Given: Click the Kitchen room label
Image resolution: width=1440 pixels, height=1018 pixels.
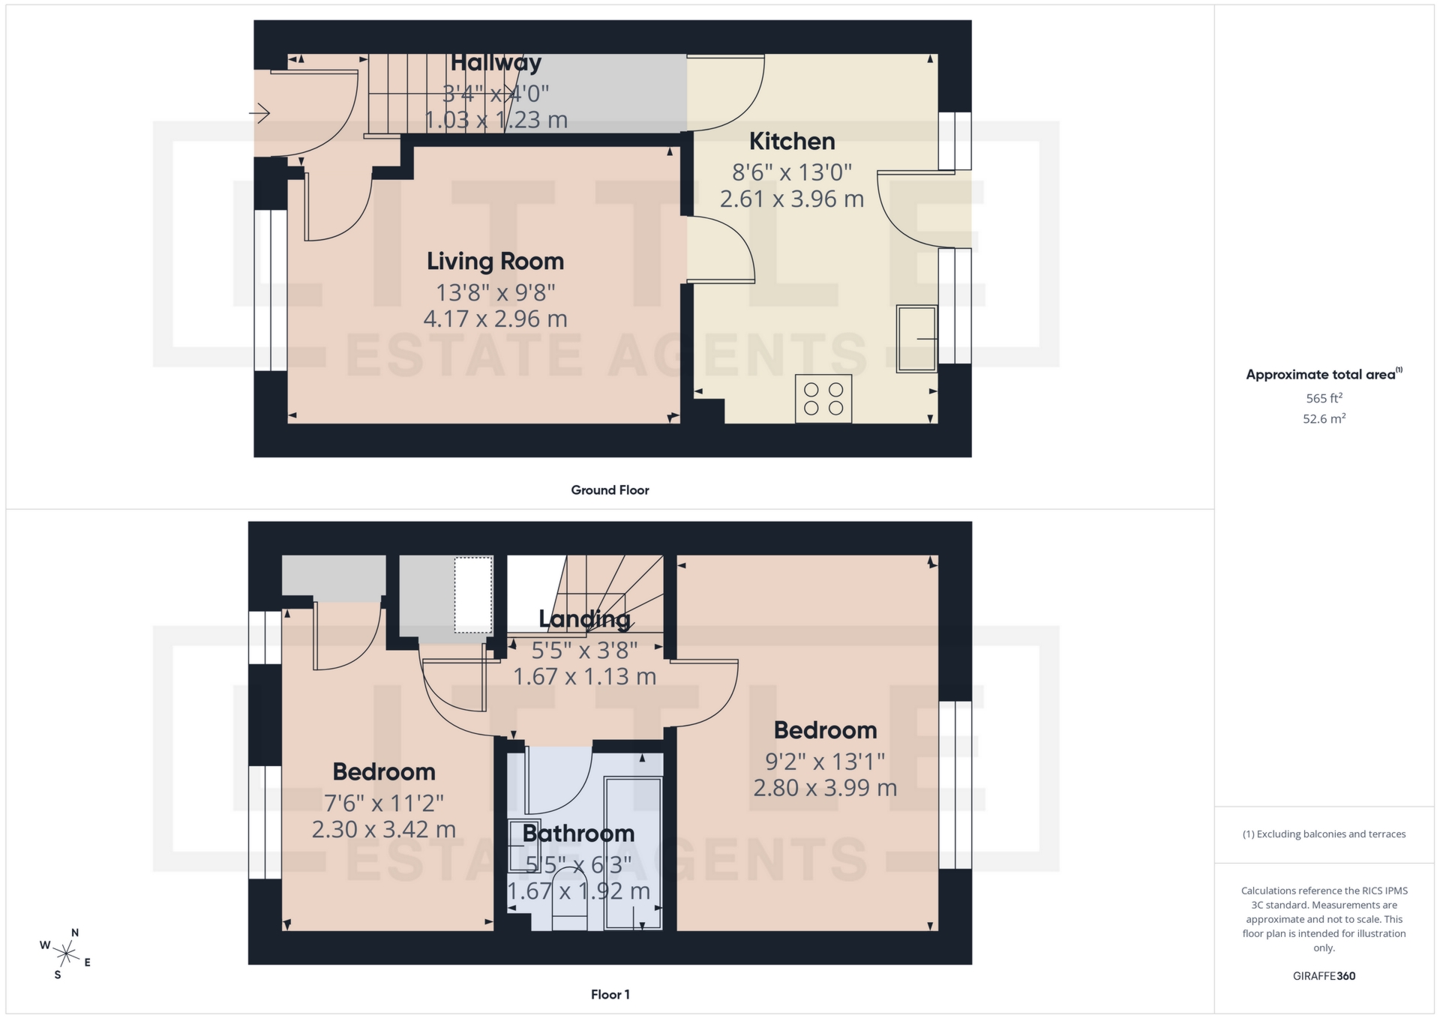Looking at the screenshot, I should [x=791, y=141].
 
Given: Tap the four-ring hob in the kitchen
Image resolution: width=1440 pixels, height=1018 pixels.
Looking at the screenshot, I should [x=823, y=399].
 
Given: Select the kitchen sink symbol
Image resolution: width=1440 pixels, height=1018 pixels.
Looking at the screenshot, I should [x=916, y=338].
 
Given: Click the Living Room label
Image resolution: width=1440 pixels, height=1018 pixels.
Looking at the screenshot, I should [x=495, y=261].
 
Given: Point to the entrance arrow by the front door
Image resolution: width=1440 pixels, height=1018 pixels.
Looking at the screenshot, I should [x=259, y=113].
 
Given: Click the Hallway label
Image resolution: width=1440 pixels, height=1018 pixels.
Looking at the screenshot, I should [x=496, y=63].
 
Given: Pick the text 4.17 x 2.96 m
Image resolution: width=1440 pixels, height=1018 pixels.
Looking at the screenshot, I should [x=495, y=319].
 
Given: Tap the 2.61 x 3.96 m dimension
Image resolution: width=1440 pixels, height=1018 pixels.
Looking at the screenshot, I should [x=791, y=199].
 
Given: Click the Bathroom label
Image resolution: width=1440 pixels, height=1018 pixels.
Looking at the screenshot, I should [x=578, y=833].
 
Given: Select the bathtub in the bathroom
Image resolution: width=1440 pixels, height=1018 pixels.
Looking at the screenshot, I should [x=633, y=853].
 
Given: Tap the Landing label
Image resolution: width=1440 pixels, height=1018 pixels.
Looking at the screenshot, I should [x=584, y=619].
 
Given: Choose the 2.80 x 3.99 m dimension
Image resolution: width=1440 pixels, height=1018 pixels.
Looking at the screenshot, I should [x=825, y=788].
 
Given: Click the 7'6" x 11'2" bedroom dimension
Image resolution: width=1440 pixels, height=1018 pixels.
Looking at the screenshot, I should [x=383, y=804].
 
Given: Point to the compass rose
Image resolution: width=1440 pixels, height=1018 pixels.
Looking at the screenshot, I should [x=66, y=954].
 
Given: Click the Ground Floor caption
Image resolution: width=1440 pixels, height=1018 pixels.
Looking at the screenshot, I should [x=610, y=490].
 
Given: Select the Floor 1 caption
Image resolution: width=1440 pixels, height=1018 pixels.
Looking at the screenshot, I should [x=610, y=995].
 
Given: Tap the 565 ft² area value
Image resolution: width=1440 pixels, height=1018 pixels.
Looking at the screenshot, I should [x=1324, y=398].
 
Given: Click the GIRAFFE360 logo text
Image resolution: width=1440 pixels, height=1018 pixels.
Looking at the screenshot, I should [x=1324, y=976].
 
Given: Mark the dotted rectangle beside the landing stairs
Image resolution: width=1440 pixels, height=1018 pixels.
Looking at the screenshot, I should [x=473, y=594].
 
